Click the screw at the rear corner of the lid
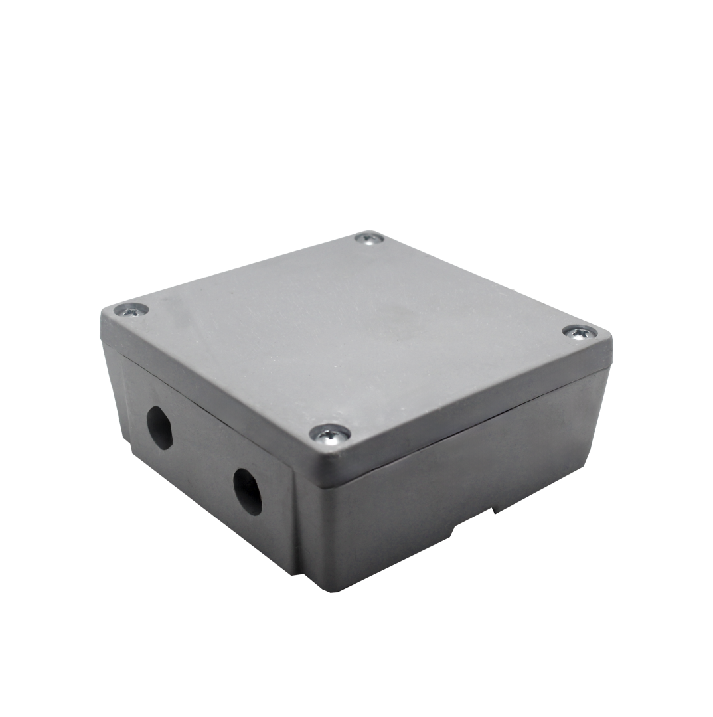tap(368, 238)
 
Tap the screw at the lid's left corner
tap(131, 309)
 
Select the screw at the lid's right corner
tap(580, 332)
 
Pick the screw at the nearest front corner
tap(330, 434)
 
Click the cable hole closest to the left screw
tap(159, 428)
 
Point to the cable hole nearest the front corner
tap(247, 491)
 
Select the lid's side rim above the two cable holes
tap(206, 398)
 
